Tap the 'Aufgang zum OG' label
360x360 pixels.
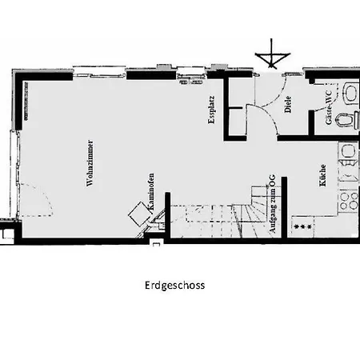[x=274, y=206]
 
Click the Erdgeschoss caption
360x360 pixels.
[x=175, y=284]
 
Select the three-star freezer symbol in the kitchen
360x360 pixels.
[x=304, y=228]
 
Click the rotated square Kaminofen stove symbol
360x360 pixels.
[x=138, y=214]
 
